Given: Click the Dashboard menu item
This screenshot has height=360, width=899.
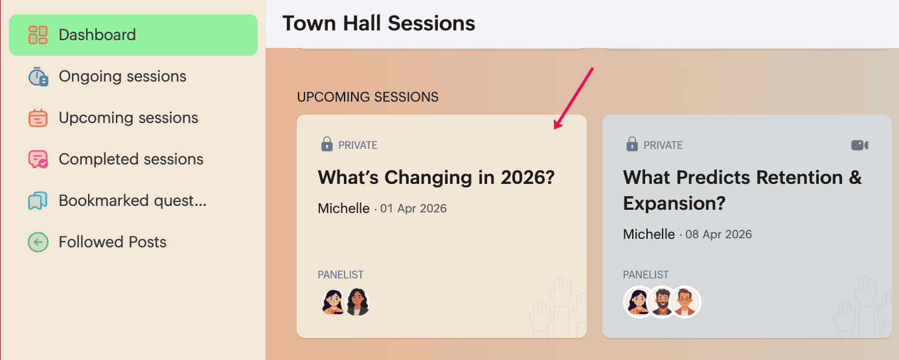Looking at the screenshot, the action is (x=133, y=35).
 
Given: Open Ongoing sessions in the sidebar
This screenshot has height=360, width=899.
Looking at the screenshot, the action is (x=122, y=76).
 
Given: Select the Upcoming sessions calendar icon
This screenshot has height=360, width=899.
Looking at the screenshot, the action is (x=38, y=118).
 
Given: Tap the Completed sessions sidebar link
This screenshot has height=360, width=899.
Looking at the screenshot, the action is (x=131, y=159).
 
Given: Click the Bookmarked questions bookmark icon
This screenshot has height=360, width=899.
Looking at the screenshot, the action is (x=38, y=201).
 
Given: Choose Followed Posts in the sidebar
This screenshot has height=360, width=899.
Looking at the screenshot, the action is (x=113, y=242).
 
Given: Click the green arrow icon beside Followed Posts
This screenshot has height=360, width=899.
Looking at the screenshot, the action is (x=38, y=242).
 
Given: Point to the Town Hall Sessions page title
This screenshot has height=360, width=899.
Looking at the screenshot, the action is (x=378, y=23).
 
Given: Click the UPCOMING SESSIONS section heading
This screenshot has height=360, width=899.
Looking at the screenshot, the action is (x=368, y=97).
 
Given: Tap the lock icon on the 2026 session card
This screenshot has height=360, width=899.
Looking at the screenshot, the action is (x=326, y=144).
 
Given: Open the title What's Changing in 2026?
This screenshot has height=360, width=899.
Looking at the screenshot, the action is (x=437, y=177).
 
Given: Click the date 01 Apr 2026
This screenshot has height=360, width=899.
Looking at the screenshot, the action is (x=413, y=208).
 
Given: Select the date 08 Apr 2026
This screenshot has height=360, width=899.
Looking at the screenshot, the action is (x=718, y=234).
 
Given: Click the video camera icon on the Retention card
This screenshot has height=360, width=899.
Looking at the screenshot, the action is (x=859, y=145).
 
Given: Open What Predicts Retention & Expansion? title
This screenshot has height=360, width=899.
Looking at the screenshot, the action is (x=742, y=190).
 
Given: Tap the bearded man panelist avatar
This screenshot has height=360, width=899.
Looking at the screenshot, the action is (x=662, y=302).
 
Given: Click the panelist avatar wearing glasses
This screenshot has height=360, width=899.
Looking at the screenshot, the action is (x=685, y=302).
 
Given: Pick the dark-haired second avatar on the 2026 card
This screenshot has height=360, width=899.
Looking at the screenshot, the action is (x=357, y=302).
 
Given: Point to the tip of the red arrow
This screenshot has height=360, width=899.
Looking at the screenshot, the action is (x=554, y=129).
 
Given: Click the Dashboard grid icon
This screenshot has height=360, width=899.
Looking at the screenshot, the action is (x=38, y=35).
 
